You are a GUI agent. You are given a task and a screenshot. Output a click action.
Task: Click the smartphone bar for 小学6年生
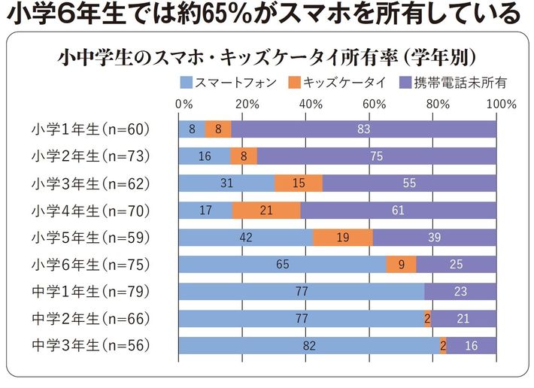[x=282, y=264]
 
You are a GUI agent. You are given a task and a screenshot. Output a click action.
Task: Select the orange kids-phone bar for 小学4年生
[x=265, y=211]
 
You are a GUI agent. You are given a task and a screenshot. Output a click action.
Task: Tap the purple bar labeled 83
[x=364, y=129]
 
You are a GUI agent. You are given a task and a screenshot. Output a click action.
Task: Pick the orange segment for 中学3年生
[x=443, y=346]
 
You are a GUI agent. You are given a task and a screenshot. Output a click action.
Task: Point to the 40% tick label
[x=311, y=103]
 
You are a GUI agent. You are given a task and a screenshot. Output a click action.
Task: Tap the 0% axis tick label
[x=183, y=103]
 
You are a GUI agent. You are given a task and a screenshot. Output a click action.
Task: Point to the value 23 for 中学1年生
[x=461, y=292]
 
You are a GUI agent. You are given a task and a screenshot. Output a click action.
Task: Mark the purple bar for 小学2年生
[x=377, y=156]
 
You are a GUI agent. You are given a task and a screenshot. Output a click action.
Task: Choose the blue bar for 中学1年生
[x=301, y=292]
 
